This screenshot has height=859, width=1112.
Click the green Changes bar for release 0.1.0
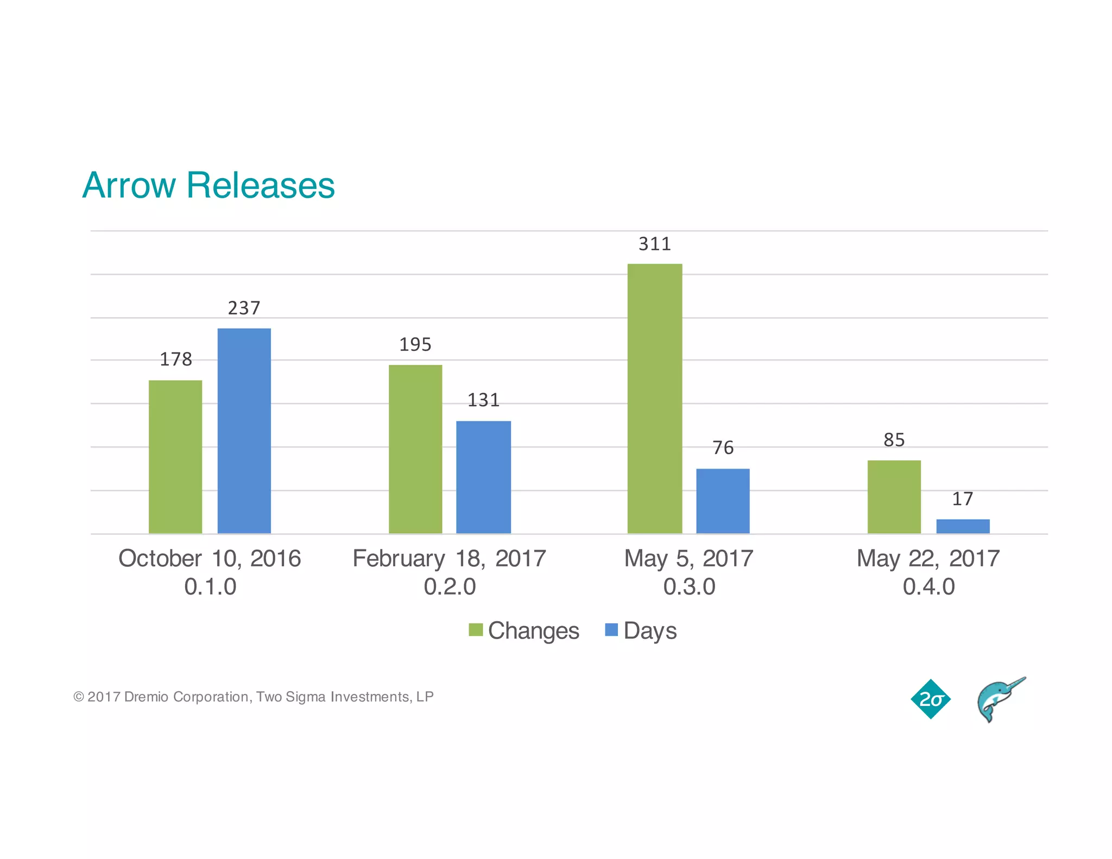pyautogui.click(x=175, y=457)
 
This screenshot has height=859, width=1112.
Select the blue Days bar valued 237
pyautogui.click(x=244, y=431)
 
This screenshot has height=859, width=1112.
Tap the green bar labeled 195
pyautogui.click(x=415, y=449)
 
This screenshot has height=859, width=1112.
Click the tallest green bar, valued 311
pyautogui.click(x=655, y=399)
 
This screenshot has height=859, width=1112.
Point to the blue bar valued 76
pyautogui.click(x=723, y=501)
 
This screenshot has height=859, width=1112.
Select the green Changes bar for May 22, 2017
pyautogui.click(x=894, y=497)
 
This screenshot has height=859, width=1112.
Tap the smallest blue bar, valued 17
pyautogui.click(x=963, y=526)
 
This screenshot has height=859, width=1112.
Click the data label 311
pyautogui.click(x=655, y=244)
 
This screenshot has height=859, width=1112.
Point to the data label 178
pyautogui.click(x=175, y=359)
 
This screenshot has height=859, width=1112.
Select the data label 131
pyautogui.click(x=483, y=400)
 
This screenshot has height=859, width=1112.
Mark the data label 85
pyautogui.click(x=894, y=440)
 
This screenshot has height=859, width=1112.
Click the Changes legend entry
pyautogui.click(x=525, y=630)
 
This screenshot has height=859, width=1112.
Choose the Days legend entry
pyautogui.click(x=641, y=630)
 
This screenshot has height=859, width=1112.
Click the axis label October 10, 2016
pyautogui.click(x=210, y=558)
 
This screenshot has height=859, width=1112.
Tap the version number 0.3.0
pyautogui.click(x=689, y=586)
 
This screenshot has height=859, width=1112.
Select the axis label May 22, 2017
pyautogui.click(x=928, y=558)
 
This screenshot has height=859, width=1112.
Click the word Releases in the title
pyautogui.click(x=261, y=185)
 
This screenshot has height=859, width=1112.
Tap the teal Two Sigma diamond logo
pyautogui.click(x=931, y=699)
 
